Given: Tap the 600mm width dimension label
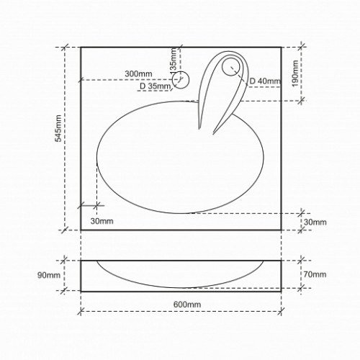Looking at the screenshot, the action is [187, 305].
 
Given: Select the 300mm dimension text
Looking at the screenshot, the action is [138, 73].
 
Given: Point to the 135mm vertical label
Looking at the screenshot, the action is [173, 60].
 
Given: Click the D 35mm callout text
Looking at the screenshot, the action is [156, 86].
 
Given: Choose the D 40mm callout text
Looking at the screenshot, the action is [265, 81].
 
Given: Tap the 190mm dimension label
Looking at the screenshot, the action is [295, 73].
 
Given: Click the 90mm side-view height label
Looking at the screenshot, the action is [49, 275].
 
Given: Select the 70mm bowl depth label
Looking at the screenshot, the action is [315, 274].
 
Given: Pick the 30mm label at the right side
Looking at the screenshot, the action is [315, 222].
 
